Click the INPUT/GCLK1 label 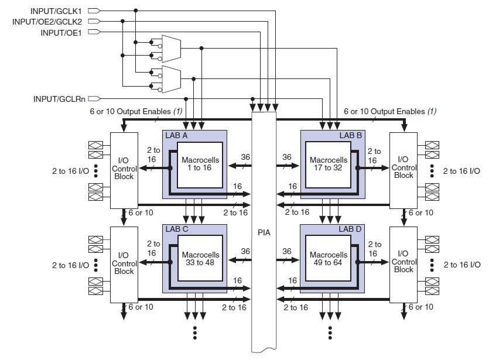coord(56,11)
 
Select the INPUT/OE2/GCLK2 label coord(47,22)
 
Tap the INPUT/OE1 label coord(61,32)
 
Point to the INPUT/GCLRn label coord(59,99)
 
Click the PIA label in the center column coord(264,232)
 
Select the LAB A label coord(176,135)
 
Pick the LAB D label coord(350,229)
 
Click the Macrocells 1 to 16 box coord(200,165)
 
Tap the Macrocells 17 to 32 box coord(328,165)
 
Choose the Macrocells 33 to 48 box coord(200,259)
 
